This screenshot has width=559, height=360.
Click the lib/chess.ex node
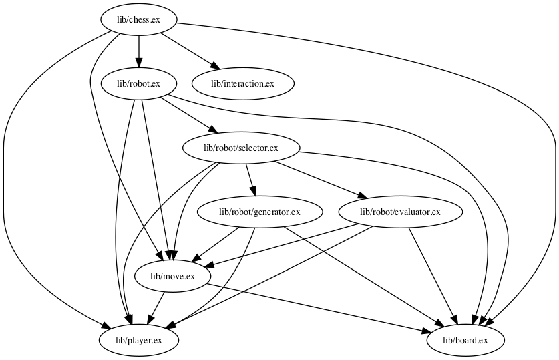click(138, 19)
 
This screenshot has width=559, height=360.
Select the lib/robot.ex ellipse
click(138, 83)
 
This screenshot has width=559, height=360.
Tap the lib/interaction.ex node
click(242, 83)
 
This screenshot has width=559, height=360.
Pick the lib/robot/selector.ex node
click(240, 148)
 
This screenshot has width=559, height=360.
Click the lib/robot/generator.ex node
click(260, 212)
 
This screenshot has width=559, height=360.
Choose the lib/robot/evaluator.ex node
click(400, 212)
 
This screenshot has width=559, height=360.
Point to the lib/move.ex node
click(172, 276)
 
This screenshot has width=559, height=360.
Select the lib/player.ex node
click(139, 341)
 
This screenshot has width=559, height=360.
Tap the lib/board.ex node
click(465, 341)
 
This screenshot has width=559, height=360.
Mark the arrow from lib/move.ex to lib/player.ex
click(156, 308)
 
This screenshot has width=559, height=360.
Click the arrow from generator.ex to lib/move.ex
click(216, 244)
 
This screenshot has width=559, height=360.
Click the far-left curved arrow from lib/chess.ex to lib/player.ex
click(5, 200)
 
